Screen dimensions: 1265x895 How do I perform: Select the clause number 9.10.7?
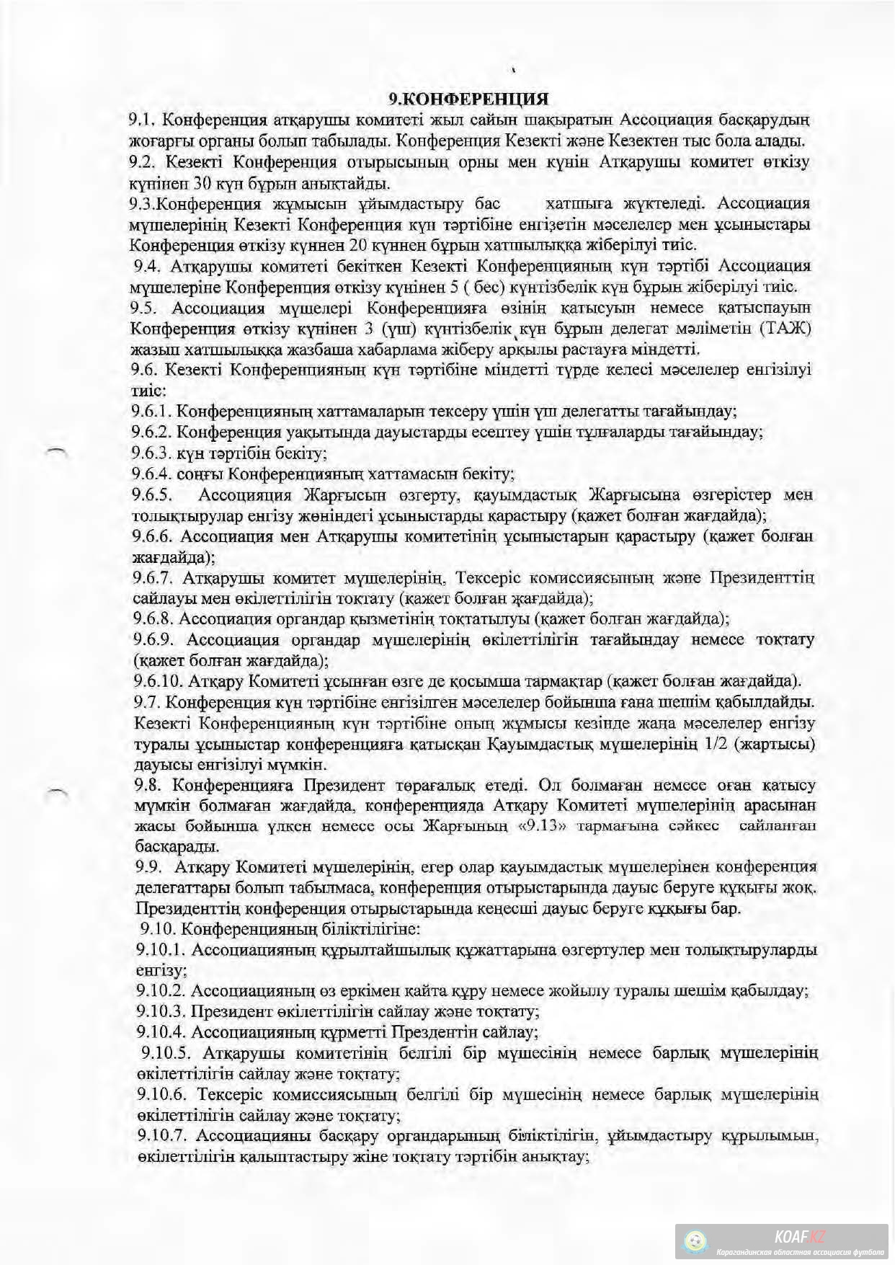pos(163,1136)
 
